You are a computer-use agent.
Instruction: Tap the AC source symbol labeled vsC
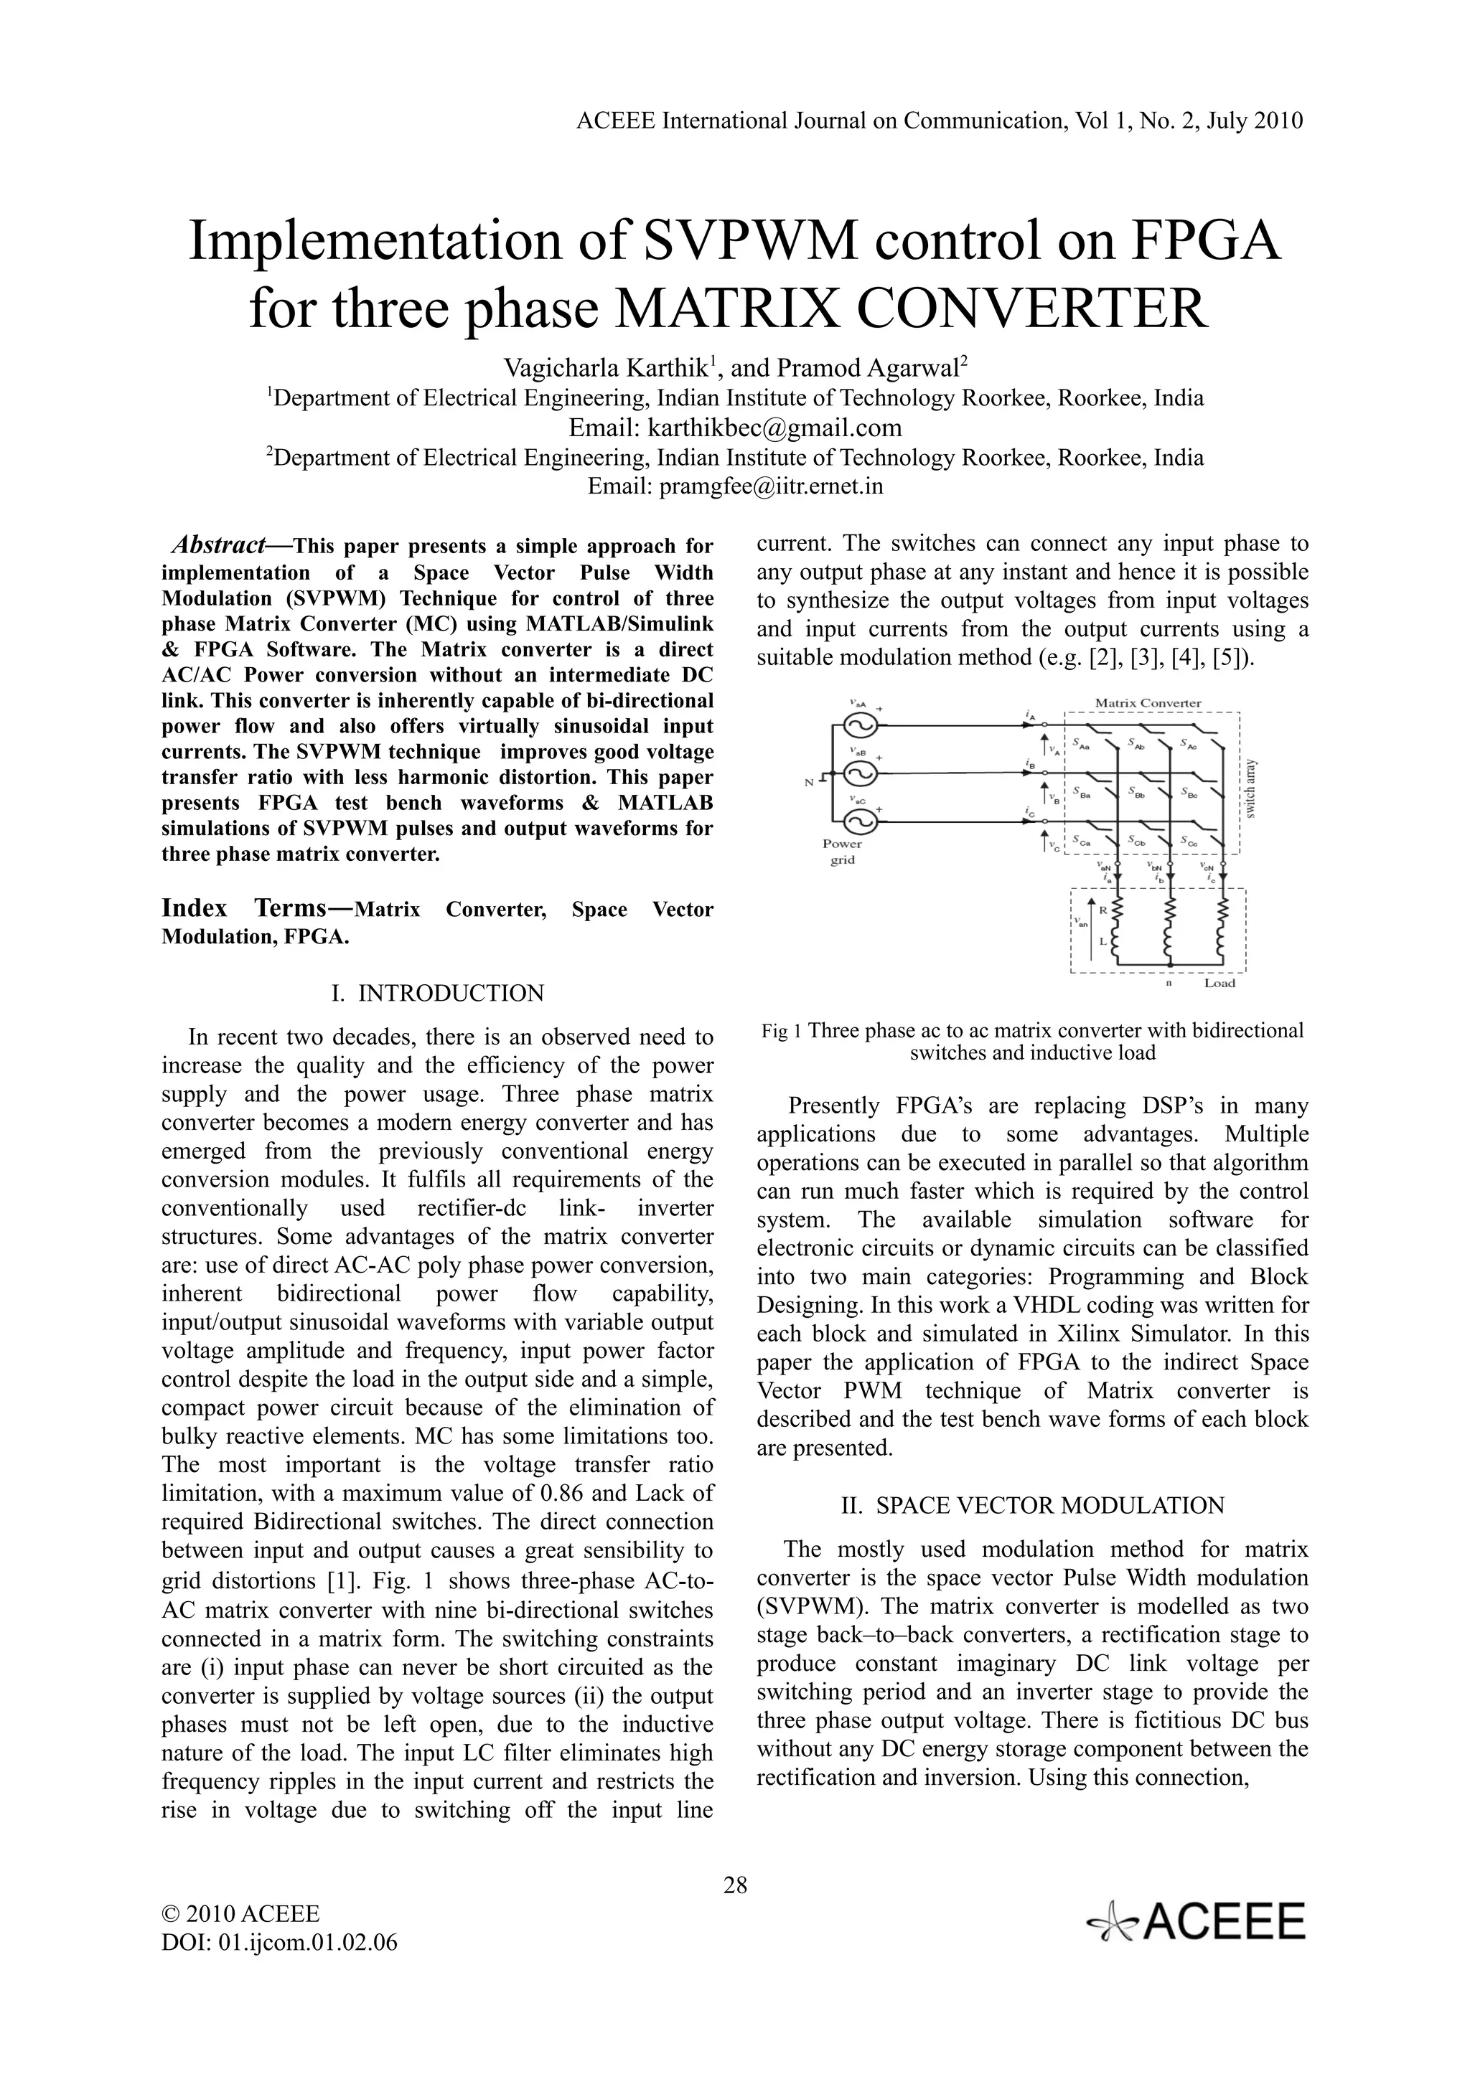tap(855, 822)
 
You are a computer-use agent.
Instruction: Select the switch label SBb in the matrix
tap(1138, 792)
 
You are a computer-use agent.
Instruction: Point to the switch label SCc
tap(1189, 841)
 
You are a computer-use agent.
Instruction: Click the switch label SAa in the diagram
tap(1080, 745)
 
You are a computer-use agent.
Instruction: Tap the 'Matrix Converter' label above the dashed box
tap(1148, 702)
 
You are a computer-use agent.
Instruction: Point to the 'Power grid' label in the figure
tap(843, 851)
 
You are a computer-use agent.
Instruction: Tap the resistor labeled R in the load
tap(1118, 911)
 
